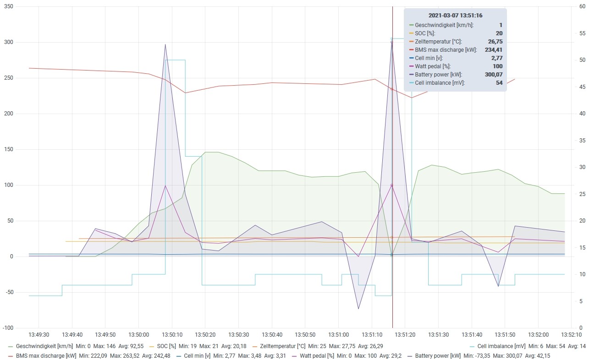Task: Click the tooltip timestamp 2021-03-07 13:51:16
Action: point(456,16)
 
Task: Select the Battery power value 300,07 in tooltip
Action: point(494,75)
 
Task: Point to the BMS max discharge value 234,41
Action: point(494,50)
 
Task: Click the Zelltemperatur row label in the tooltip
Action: point(438,42)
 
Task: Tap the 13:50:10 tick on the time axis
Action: point(172,335)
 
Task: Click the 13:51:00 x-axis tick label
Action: point(338,335)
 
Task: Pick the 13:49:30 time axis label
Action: point(39,335)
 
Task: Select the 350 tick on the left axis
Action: point(9,6)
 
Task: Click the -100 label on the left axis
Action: point(8,328)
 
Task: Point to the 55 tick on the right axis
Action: point(583,33)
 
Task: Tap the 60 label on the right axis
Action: point(583,6)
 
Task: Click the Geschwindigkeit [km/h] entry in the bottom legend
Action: point(44,346)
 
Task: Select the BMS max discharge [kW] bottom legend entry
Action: point(46,356)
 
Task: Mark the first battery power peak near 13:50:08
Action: point(165,44)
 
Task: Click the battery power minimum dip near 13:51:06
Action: point(358,309)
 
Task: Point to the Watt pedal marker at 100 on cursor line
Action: point(391,185)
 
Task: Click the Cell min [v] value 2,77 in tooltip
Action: point(497,58)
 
